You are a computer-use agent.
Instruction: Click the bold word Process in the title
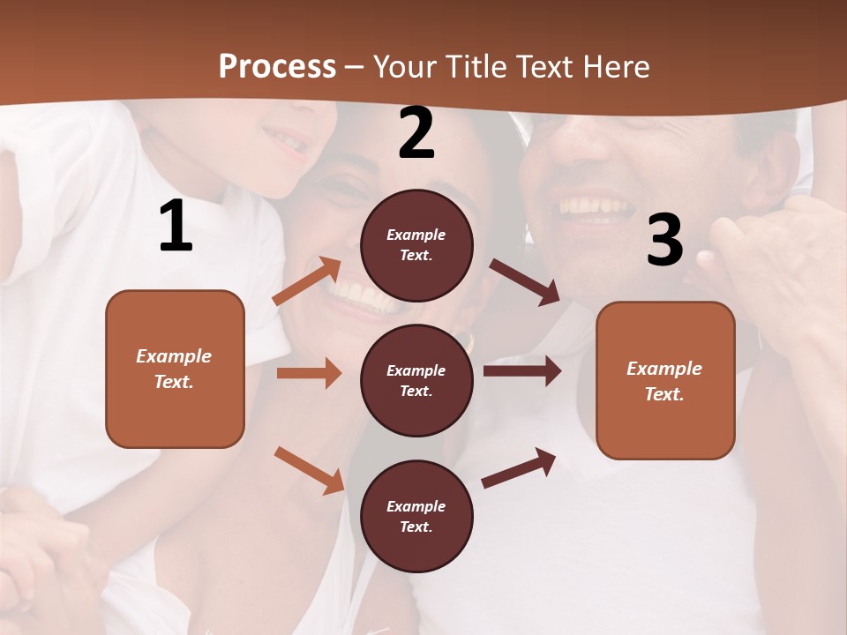(x=277, y=67)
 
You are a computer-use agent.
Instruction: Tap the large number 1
(x=176, y=227)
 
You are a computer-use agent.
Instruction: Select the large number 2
(x=416, y=133)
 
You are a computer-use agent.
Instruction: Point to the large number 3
(x=664, y=241)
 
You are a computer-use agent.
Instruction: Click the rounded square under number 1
(x=175, y=369)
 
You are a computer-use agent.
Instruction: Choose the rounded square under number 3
(x=665, y=380)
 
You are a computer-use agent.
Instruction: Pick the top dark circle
(x=416, y=245)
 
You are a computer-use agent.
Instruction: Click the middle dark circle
(x=416, y=380)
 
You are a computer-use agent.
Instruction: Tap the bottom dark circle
(x=416, y=516)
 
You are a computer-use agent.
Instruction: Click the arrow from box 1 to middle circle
(x=309, y=373)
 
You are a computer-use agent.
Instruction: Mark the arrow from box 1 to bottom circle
(x=309, y=469)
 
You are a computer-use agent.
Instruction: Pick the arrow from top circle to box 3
(x=524, y=281)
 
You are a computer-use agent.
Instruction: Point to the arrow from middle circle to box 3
(x=521, y=370)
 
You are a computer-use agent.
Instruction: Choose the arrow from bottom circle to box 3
(x=519, y=467)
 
